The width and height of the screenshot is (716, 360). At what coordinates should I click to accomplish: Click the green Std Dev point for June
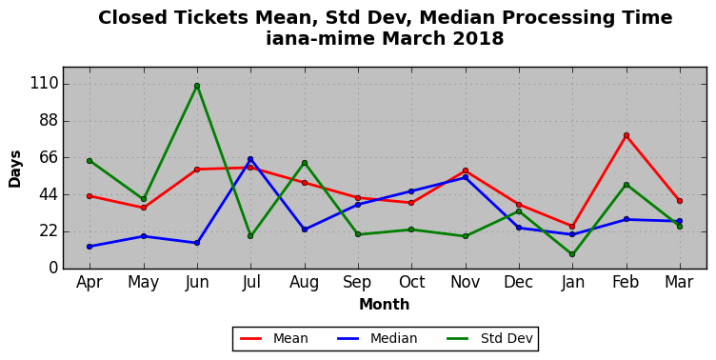pos(197,86)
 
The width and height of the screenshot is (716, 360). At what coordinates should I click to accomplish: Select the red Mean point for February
pos(626,135)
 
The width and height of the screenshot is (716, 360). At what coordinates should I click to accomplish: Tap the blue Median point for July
pos(250,159)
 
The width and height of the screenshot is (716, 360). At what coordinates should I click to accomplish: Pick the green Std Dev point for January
pos(572,254)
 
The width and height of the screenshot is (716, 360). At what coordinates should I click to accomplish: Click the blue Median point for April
pos(89,247)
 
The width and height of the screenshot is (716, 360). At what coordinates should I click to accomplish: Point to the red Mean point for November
pos(466,170)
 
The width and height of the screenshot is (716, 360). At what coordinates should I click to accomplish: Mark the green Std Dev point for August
pos(305,163)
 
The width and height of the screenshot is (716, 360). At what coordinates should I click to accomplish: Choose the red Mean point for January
pos(572,227)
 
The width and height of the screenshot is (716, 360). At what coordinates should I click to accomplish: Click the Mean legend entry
pos(274,338)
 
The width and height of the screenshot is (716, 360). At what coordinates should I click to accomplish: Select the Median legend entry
pos(377,338)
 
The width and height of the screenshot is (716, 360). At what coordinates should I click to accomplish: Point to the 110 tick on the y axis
pos(45,84)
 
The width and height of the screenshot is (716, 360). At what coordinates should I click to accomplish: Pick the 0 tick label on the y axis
pos(54,268)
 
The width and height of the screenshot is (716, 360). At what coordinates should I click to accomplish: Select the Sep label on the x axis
pos(358,282)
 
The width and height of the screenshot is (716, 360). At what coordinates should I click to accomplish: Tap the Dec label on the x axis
pos(519,282)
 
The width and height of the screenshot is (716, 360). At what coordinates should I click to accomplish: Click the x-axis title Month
pos(384,304)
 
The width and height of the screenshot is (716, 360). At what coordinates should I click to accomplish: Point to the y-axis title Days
pos(15,169)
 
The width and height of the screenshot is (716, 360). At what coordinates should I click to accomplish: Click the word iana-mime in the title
pos(320,38)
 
